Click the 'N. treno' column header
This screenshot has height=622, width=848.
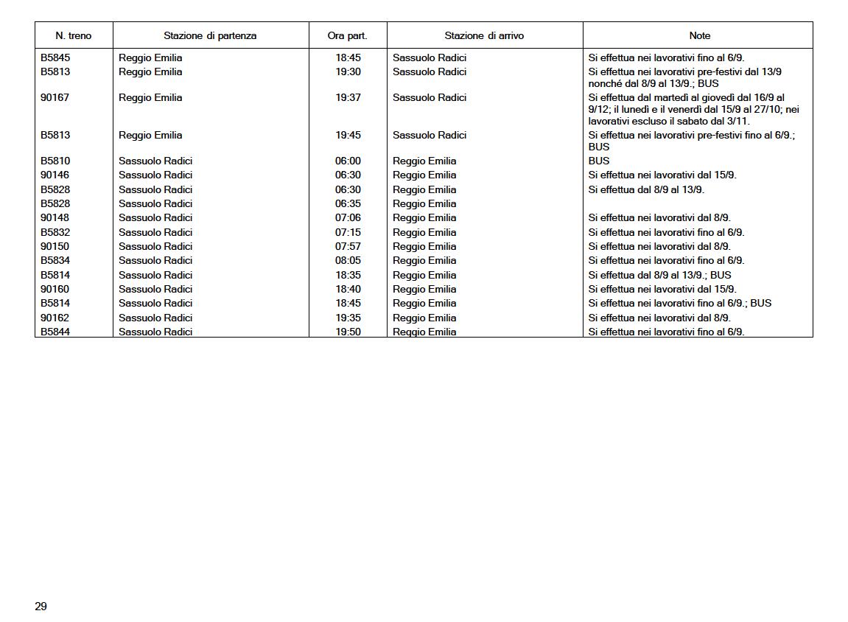[74, 35]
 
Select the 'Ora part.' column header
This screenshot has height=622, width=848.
[347, 35]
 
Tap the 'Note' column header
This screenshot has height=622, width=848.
[699, 35]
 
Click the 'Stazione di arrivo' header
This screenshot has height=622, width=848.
[484, 35]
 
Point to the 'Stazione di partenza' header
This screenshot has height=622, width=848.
[210, 35]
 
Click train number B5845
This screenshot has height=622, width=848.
[55, 57]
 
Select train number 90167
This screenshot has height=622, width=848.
[55, 97]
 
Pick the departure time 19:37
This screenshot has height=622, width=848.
[348, 97]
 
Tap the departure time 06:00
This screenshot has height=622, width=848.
[348, 161]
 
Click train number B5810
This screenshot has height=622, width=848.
[55, 161]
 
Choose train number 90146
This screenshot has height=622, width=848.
[55, 175]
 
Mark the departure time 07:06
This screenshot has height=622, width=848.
[348, 217]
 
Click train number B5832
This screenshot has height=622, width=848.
[55, 232]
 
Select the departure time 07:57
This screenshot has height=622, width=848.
[348, 246]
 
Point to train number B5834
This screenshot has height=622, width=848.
[55, 260]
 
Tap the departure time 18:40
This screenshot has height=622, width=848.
[348, 289]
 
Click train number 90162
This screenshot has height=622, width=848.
[55, 318]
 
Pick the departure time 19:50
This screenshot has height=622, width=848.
[348, 332]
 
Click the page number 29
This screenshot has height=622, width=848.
[41, 607]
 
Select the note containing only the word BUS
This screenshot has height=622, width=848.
[599, 161]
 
